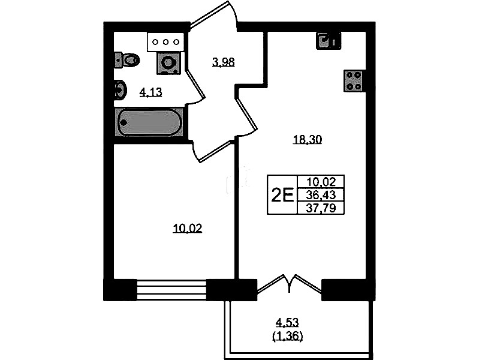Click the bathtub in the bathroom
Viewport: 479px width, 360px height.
point(149,122)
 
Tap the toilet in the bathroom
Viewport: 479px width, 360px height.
point(127,60)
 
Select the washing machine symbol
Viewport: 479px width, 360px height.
point(167,63)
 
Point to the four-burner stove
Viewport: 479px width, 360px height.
point(354,81)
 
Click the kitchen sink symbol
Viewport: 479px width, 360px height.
point(328,41)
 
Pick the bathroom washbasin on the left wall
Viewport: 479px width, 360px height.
point(120,90)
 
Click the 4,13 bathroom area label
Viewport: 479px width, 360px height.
point(150,92)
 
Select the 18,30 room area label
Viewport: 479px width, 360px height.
point(308,140)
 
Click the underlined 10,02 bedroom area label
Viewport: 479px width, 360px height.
point(188,229)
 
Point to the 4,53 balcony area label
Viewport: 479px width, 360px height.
point(287,322)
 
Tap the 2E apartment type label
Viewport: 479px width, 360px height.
point(282,194)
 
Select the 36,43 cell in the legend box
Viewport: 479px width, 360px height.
point(321,195)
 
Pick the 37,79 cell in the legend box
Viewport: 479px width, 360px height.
point(321,208)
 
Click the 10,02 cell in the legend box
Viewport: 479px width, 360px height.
point(321,182)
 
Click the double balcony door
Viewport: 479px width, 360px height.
point(289,284)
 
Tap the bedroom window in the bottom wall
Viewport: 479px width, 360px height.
point(171,290)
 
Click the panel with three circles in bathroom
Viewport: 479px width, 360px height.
point(165,42)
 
